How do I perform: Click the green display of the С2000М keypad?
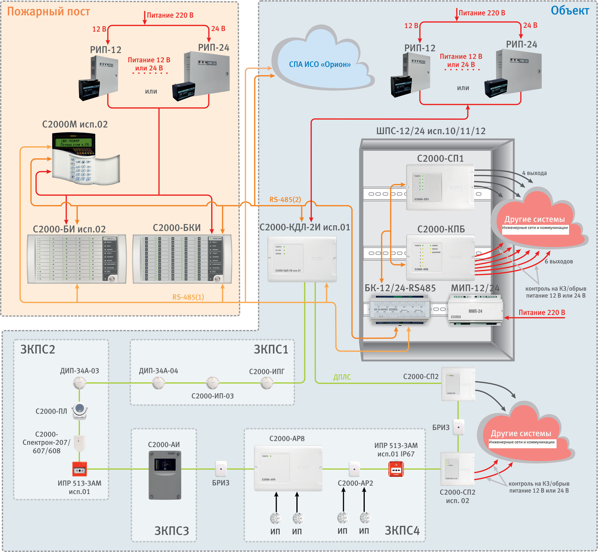click(74, 142)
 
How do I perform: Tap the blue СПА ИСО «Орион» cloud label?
click(320, 65)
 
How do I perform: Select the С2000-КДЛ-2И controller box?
click(302, 259)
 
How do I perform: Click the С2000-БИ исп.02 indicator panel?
click(77, 259)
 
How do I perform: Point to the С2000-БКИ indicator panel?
click(182, 259)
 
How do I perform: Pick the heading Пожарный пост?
click(48, 11)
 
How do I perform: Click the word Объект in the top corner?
click(570, 10)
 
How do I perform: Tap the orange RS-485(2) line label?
click(285, 200)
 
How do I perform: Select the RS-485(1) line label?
click(188, 297)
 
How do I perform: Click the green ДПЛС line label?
click(342, 377)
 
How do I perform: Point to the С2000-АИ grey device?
click(165, 475)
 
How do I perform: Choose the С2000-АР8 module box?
click(288, 468)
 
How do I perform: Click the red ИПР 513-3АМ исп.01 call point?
click(79, 469)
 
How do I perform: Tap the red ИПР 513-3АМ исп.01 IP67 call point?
click(396, 469)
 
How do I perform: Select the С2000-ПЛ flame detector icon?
click(80, 411)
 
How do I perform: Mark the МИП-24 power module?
click(475, 311)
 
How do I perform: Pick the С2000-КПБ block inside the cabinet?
click(440, 258)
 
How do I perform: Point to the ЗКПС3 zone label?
click(172, 531)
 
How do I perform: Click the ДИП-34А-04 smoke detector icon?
click(158, 383)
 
